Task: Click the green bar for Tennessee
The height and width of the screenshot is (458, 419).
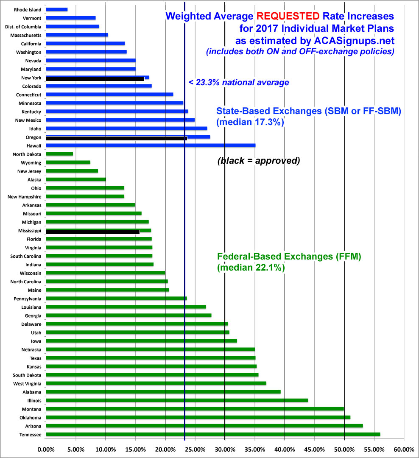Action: click(x=212, y=434)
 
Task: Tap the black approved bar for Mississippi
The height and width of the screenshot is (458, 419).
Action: click(x=92, y=232)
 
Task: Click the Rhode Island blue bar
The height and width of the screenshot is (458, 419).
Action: click(x=56, y=9)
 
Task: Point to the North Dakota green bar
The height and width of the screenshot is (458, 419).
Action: click(x=59, y=154)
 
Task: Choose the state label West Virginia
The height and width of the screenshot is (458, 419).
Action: click(x=27, y=383)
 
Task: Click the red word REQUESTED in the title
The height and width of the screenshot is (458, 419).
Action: click(x=290, y=17)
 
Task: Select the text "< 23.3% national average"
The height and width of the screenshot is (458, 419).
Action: click(x=239, y=83)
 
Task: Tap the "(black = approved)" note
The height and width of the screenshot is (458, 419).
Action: click(x=258, y=161)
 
